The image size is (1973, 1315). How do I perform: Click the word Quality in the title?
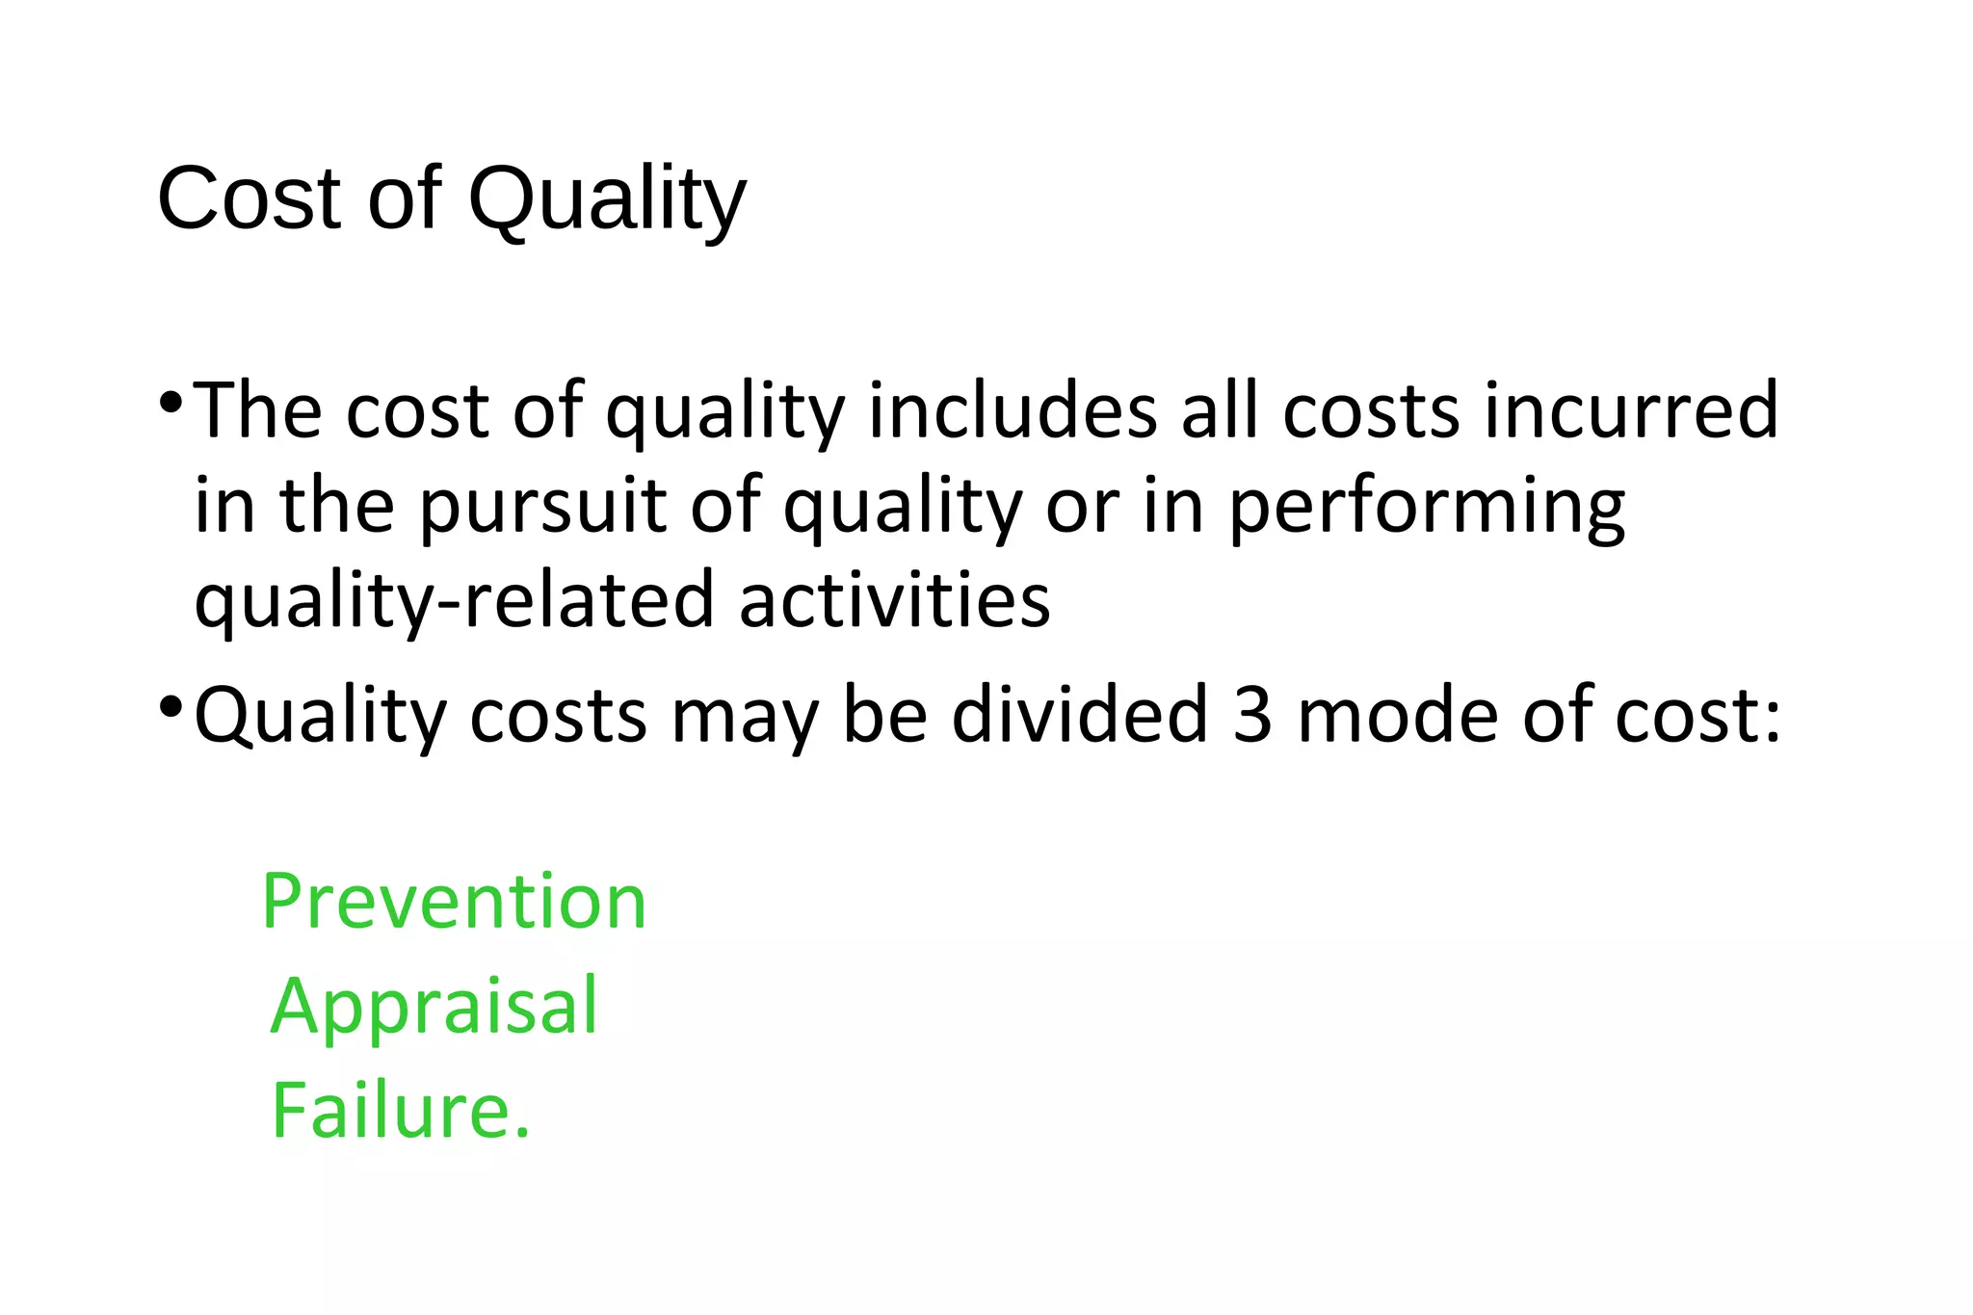click(607, 199)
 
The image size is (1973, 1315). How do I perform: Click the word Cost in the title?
click(250, 199)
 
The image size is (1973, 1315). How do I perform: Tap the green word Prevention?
click(454, 902)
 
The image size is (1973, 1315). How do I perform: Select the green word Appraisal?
click(434, 1006)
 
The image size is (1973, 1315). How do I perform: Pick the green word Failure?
click(401, 1110)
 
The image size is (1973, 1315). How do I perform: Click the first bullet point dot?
click(171, 402)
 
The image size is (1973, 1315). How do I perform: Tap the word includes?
click(1013, 411)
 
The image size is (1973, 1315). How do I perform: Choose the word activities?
click(894, 600)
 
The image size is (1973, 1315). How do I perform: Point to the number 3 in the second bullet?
click(1252, 716)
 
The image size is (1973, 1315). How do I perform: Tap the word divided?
click(1079, 716)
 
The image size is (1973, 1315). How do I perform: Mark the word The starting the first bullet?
click(258, 411)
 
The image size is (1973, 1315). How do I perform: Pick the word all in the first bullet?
click(1221, 411)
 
